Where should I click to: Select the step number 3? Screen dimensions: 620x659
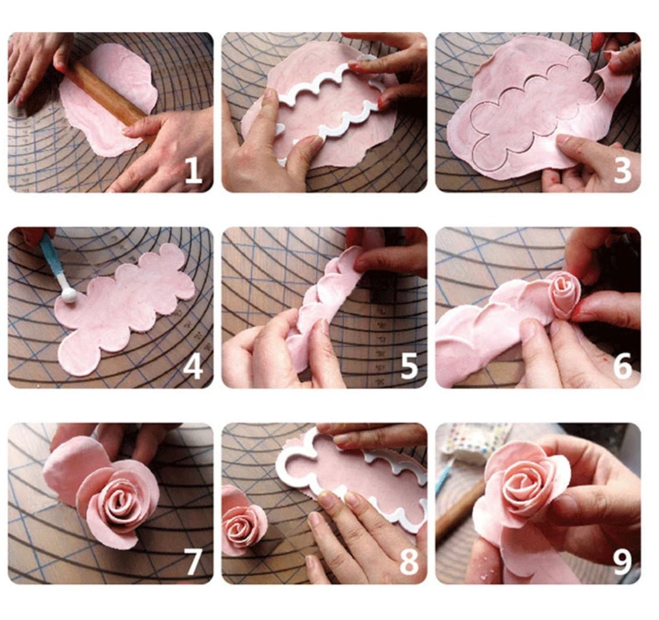click(622, 170)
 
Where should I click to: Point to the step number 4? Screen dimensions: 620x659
click(193, 366)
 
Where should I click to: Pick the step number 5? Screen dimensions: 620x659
click(408, 366)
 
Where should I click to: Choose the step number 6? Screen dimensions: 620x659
click(622, 366)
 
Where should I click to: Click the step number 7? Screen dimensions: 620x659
click(193, 561)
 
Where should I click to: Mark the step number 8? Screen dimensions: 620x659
click(408, 561)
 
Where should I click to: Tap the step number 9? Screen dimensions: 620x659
click(622, 561)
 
